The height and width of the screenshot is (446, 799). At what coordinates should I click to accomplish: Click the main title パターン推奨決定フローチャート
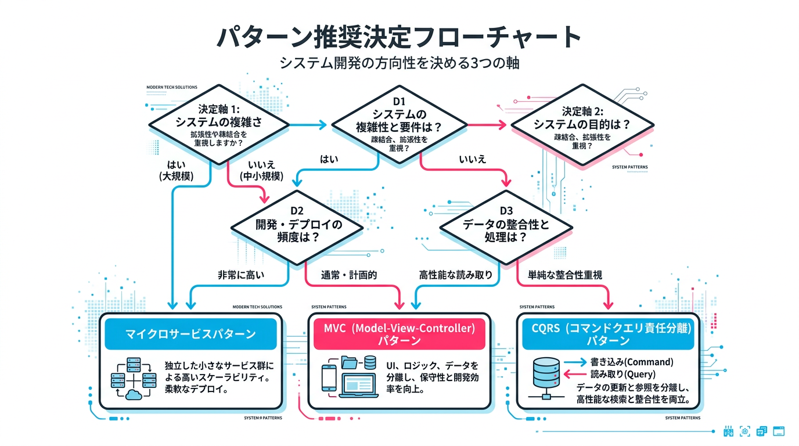click(399, 36)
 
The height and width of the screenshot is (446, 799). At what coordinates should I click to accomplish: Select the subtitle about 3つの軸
click(399, 63)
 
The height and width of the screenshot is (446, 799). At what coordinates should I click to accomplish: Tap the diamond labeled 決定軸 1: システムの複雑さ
click(219, 124)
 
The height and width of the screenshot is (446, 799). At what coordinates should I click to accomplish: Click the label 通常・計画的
click(349, 275)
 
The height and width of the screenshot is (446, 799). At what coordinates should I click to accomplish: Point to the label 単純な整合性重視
click(564, 275)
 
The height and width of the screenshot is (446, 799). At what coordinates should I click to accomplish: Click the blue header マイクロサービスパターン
click(190, 334)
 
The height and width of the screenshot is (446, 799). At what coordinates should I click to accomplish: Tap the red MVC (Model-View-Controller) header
click(399, 334)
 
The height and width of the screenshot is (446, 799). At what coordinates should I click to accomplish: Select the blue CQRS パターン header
click(609, 334)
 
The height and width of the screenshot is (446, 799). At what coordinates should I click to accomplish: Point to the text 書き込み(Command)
click(632, 362)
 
